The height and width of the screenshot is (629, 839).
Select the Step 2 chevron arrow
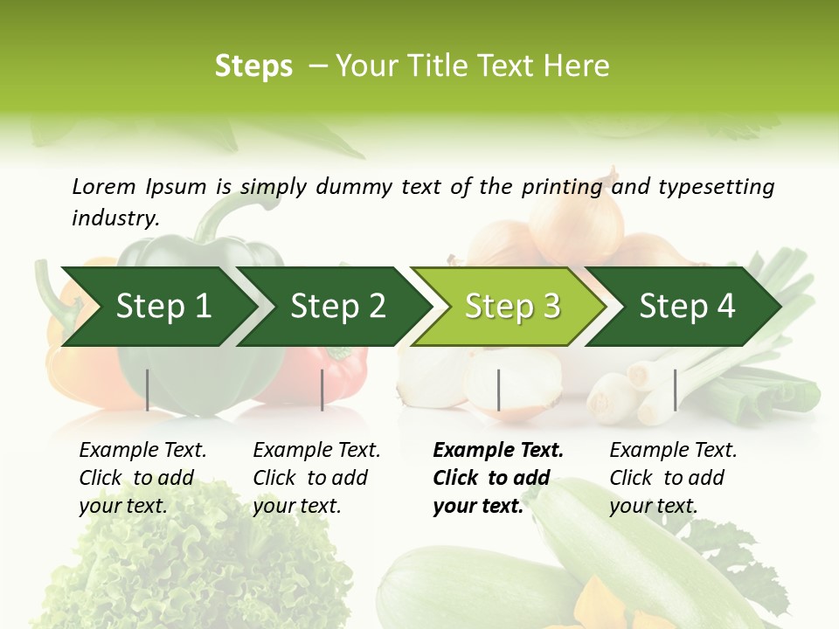pos(337,307)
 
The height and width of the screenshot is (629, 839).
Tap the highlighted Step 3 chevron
pos(512,307)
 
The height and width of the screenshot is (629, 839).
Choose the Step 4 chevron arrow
pos(687,307)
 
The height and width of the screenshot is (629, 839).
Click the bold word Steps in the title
pos(253,66)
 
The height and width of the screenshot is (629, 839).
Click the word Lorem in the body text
pos(104,186)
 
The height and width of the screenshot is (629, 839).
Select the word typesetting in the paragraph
pos(716,186)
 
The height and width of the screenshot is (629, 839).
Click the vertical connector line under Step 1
pos(147,390)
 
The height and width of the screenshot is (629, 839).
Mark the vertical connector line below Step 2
pos(322,390)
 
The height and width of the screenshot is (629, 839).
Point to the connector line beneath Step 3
pos(498,390)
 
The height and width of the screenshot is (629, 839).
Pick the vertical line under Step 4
pos(675,390)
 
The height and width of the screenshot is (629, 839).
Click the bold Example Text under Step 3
pos(498,451)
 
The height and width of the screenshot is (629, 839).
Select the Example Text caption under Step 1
pos(142,451)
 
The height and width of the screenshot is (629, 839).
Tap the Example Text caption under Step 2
pos(316,451)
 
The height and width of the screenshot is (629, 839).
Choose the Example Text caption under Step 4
pos(673,451)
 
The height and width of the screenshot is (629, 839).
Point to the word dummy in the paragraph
pos(355,186)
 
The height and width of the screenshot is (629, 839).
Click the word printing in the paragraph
pos(562,186)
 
